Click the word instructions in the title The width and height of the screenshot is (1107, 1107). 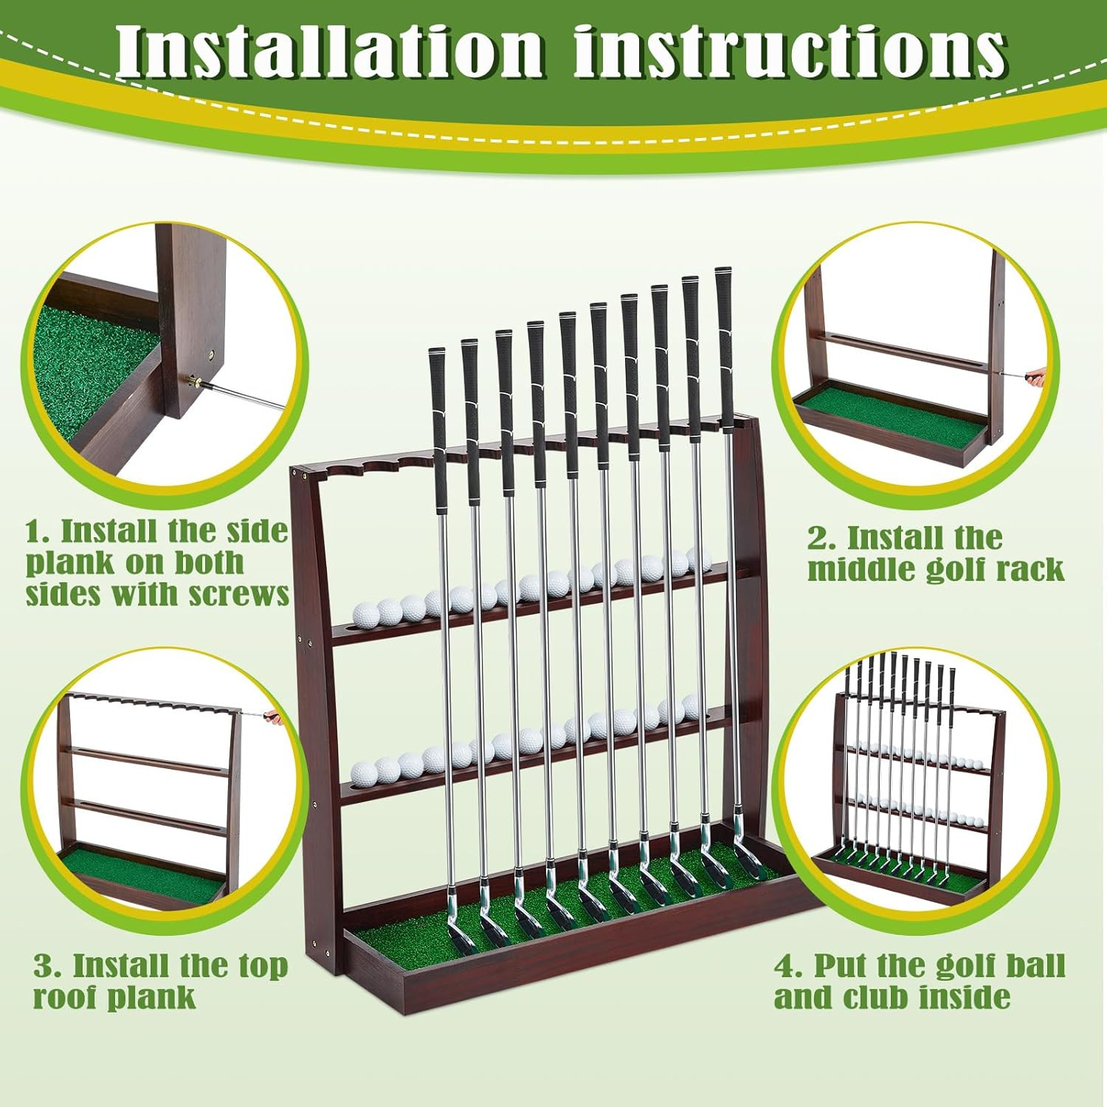pos(790,51)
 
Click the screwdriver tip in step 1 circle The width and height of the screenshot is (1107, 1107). pos(193,382)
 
